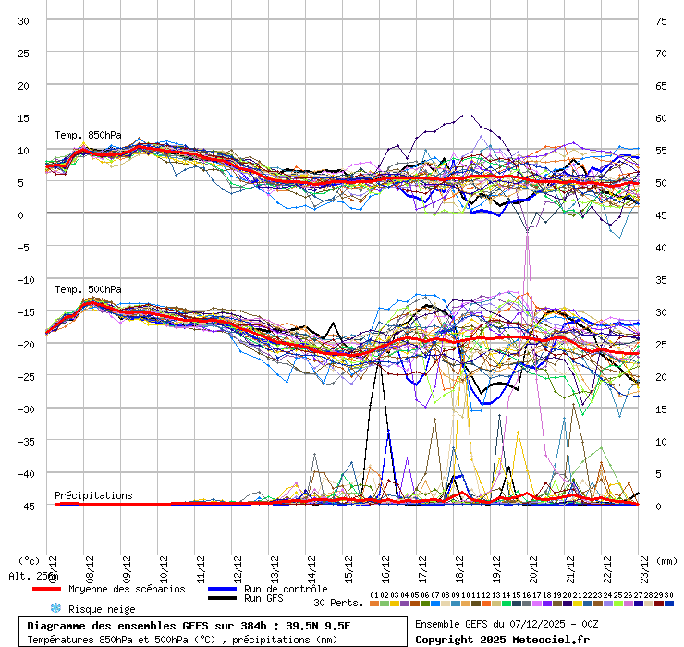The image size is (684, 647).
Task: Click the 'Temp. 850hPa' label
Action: click(x=88, y=135)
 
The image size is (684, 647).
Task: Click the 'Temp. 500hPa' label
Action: click(x=88, y=289)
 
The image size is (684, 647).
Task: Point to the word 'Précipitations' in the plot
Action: click(x=93, y=495)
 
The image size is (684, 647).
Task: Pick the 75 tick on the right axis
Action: click(x=661, y=20)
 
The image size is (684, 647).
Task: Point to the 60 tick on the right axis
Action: click(x=661, y=117)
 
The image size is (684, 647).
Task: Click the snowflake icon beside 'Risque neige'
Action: click(x=55, y=608)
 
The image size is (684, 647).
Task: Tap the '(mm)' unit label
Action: click(x=667, y=560)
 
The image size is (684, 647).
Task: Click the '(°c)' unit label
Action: click(x=29, y=560)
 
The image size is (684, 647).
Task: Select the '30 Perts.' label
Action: click(x=337, y=603)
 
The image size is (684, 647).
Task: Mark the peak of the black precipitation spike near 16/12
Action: click(x=378, y=361)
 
